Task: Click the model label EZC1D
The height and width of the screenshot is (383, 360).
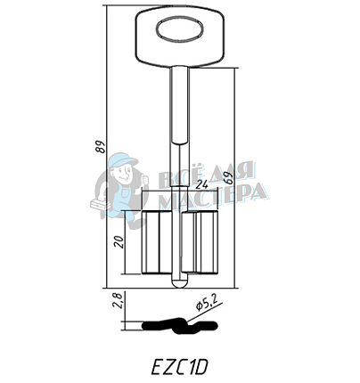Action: coord(179,364)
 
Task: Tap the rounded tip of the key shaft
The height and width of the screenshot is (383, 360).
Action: coord(179,284)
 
